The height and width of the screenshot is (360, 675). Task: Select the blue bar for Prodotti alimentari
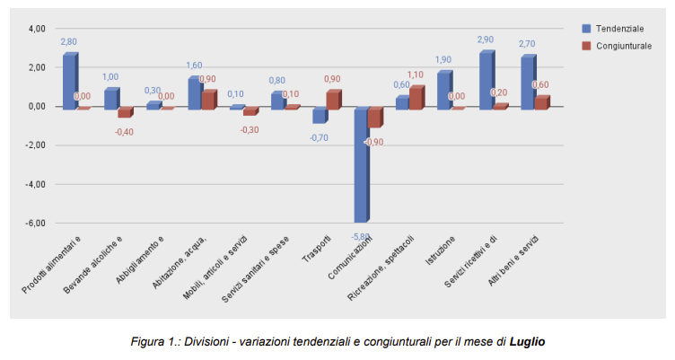click(69, 82)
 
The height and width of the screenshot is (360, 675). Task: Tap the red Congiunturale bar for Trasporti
click(332, 100)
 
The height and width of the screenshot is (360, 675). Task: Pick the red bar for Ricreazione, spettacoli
click(416, 98)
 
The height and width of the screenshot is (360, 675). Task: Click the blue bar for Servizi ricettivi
click(486, 81)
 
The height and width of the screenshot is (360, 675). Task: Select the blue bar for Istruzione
click(443, 90)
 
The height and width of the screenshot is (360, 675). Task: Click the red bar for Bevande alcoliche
click(124, 112)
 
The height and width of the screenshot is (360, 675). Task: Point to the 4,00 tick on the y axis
click(36, 29)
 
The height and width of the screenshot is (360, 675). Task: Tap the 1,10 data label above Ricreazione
click(415, 75)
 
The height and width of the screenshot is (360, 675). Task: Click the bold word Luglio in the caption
click(528, 342)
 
